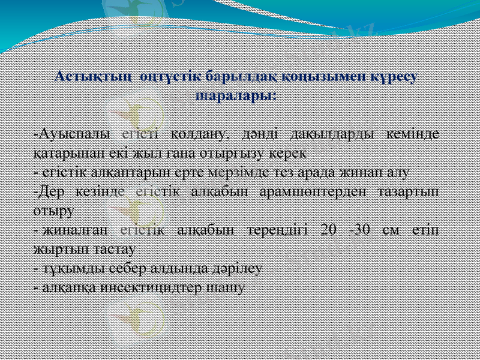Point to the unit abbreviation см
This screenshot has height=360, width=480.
pos(389,230)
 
